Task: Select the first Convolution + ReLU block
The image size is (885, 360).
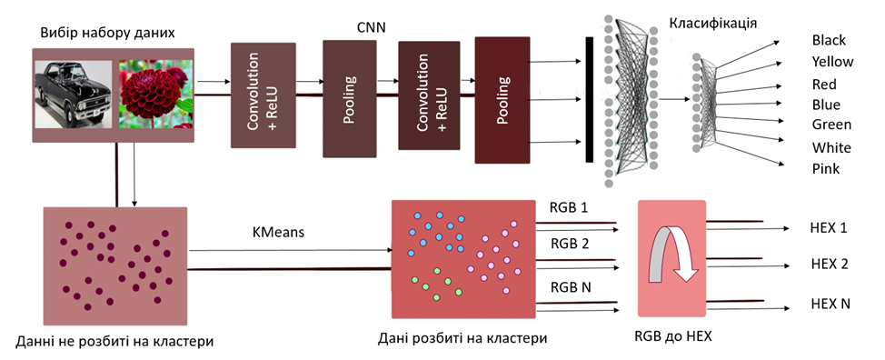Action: coord(264,95)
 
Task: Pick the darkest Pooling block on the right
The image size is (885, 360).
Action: coord(502,99)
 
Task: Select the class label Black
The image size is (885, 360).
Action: coord(828,41)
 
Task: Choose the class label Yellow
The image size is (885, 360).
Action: coord(831,63)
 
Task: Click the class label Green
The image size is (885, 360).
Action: coord(830,125)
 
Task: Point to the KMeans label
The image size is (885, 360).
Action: coord(280,234)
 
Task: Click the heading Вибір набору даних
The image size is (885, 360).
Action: coord(107,34)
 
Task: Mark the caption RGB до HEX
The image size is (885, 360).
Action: coord(672,335)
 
